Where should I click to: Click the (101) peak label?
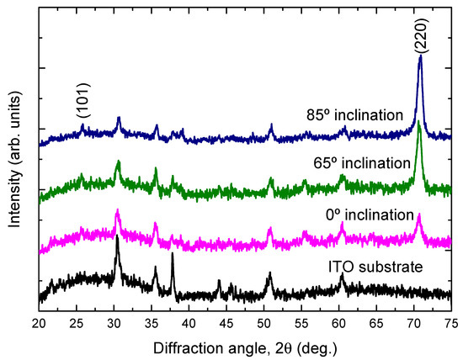pyautogui.click(x=82, y=103)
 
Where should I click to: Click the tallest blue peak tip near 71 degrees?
pyautogui.click(x=419, y=57)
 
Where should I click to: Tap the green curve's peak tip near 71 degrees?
pyautogui.click(x=418, y=123)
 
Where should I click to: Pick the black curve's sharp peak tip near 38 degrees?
pyautogui.click(x=173, y=254)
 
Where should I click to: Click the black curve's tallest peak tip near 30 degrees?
pyautogui.click(x=116, y=237)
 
